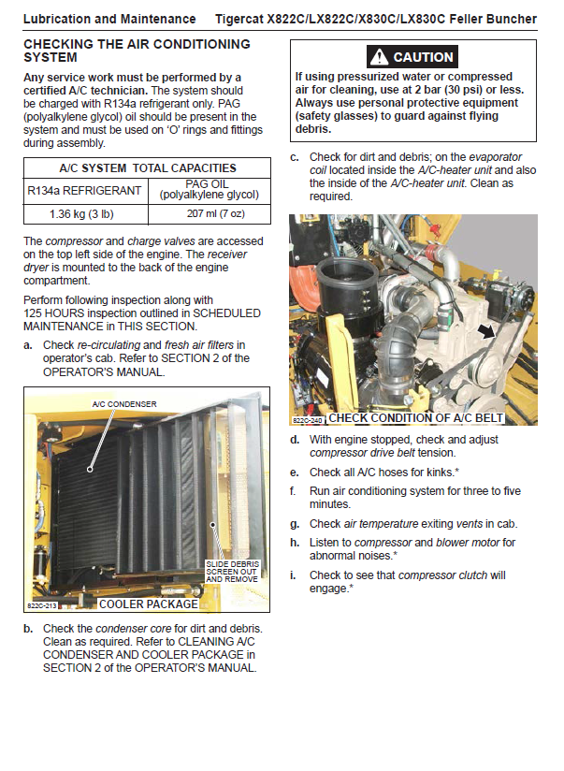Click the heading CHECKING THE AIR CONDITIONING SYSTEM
(137, 51)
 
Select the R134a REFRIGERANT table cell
(83, 191)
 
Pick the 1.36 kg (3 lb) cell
(83, 214)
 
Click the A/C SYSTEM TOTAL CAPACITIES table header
(147, 168)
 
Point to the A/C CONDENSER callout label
(123, 404)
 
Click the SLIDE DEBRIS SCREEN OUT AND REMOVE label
(232, 572)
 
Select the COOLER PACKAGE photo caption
(141, 604)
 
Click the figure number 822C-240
(308, 420)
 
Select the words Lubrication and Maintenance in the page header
(108, 19)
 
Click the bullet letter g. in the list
(295, 524)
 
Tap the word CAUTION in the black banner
(423, 57)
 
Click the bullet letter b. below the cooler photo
(29, 628)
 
